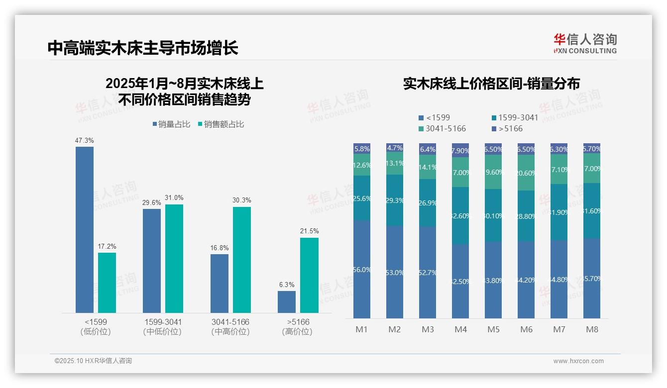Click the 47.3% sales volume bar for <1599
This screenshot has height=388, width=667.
(85, 229)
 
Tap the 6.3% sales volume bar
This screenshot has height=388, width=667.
(287, 302)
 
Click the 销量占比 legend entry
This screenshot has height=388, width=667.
(171, 124)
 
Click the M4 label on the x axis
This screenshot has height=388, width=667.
(460, 329)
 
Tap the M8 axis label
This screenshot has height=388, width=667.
(592, 329)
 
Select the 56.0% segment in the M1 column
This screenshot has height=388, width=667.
(362, 269)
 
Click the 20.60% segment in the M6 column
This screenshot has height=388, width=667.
(526, 173)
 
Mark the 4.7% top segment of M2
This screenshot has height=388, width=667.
(395, 148)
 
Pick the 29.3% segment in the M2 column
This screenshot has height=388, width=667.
(395, 200)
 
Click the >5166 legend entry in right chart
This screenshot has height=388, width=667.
(507, 129)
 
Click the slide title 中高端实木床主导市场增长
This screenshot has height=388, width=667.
(143, 48)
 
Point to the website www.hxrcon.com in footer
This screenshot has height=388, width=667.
(578, 361)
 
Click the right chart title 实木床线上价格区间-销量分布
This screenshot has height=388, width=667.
(491, 84)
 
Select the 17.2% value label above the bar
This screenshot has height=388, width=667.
(107, 247)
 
